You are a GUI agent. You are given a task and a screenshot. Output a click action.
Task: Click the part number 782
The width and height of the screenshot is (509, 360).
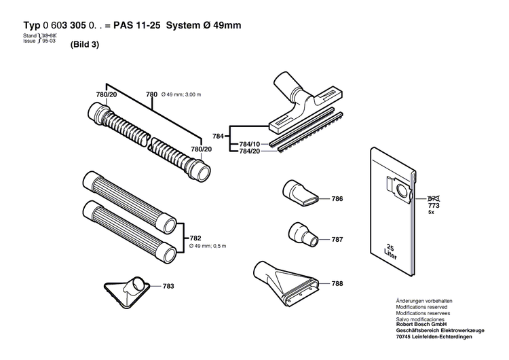195,238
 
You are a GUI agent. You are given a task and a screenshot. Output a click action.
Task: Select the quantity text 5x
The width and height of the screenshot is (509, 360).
431,212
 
